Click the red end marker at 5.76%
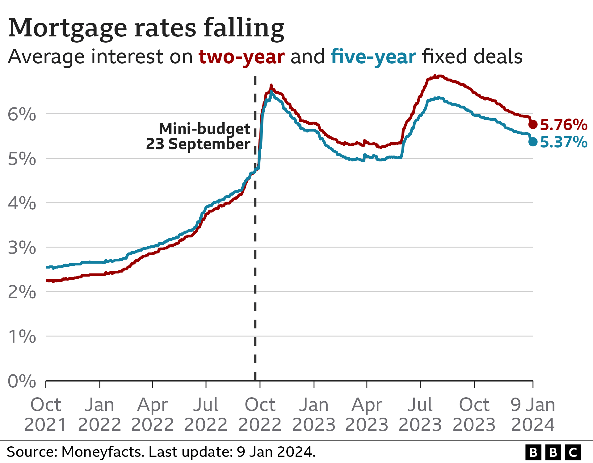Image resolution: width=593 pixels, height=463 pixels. pyautogui.click(x=533, y=124)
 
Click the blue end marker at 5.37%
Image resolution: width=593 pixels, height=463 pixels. pyautogui.click(x=533, y=142)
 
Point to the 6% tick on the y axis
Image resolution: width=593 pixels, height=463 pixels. pyautogui.click(x=22, y=115)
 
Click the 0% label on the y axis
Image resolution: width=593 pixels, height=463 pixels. pyautogui.click(x=22, y=381)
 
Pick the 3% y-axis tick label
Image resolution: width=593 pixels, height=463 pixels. pyautogui.click(x=22, y=248)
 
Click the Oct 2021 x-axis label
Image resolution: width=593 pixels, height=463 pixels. pyautogui.click(x=46, y=414)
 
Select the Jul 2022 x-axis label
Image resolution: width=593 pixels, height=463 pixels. pyautogui.click(x=206, y=414)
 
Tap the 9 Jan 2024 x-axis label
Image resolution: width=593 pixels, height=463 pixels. pyautogui.click(x=533, y=414)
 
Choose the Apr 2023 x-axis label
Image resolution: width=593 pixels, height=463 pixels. pyautogui.click(x=367, y=414)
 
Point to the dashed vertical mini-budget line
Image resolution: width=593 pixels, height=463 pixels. pyautogui.click(x=255, y=278)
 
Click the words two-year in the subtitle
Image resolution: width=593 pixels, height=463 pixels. pyautogui.click(x=242, y=57)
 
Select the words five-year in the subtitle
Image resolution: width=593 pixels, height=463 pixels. pyautogui.click(x=373, y=57)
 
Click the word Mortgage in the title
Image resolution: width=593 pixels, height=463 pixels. pyautogui.click(x=68, y=28)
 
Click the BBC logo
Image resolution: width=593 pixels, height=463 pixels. pyautogui.click(x=553, y=453)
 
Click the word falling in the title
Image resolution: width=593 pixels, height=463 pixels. pyautogui.click(x=244, y=28)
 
